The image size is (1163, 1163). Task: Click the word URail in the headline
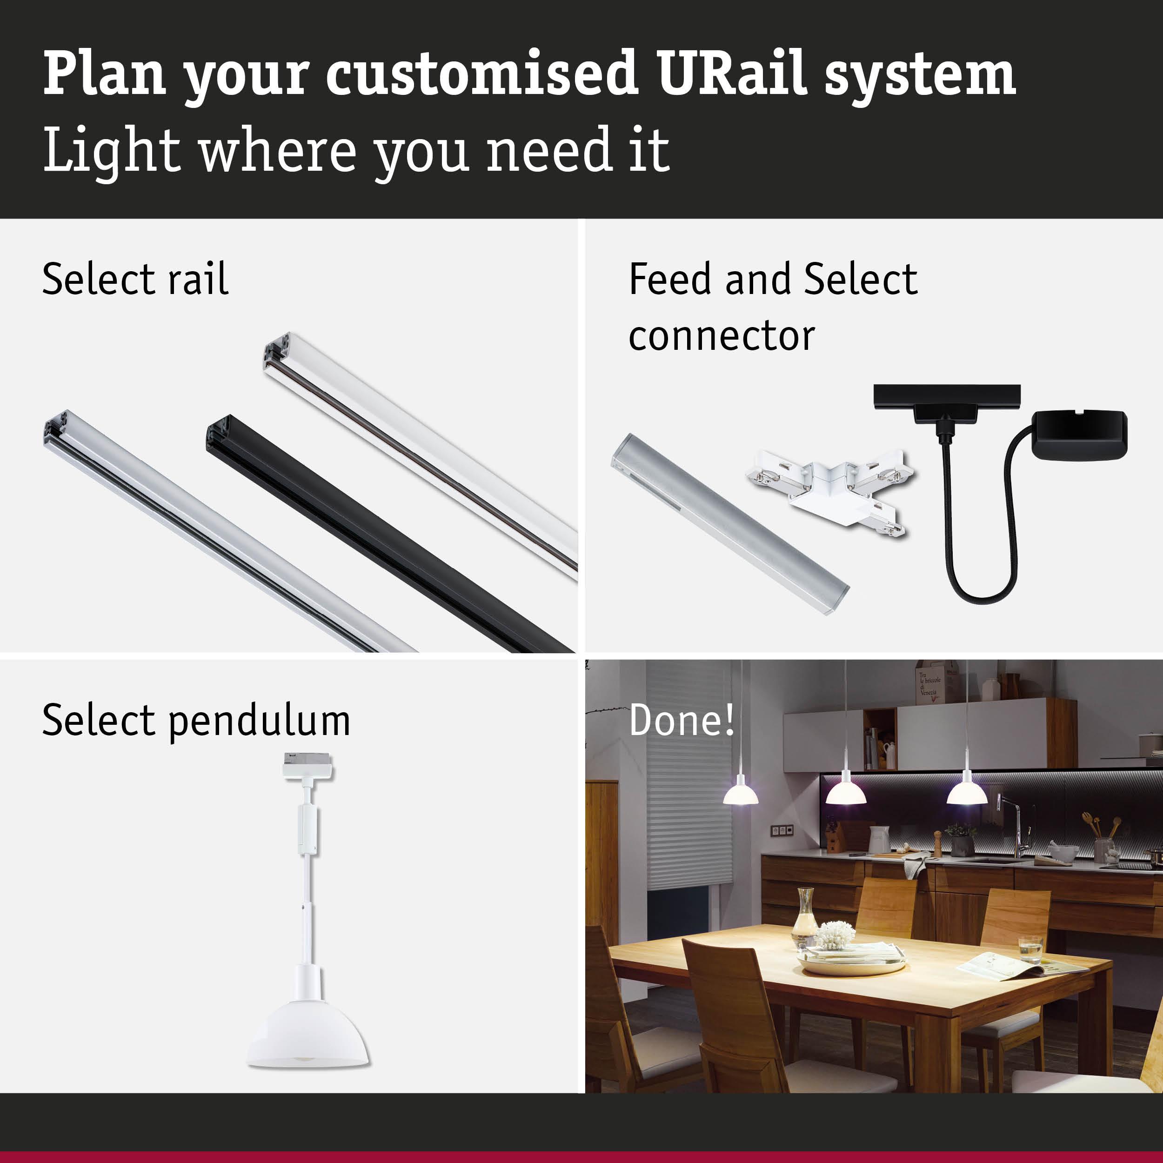(x=731, y=74)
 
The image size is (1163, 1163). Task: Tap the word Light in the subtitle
(x=111, y=150)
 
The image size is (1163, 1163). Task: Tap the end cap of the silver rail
(x=57, y=428)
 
